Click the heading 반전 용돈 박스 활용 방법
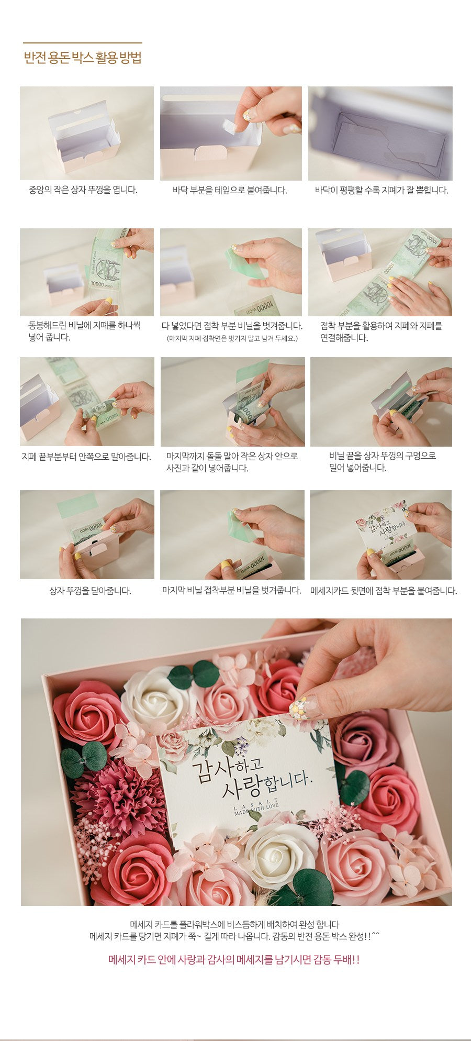click(83, 58)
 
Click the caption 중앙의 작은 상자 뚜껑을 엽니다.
click(83, 190)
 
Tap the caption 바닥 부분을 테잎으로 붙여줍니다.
click(230, 190)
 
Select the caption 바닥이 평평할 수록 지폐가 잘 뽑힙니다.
click(382, 190)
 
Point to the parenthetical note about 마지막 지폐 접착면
click(232, 338)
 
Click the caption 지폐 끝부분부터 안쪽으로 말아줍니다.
click(86, 457)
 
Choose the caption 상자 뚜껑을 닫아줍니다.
click(90, 591)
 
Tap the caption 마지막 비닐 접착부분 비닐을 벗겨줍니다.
click(232, 590)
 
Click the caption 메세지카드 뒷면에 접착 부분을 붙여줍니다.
click(384, 591)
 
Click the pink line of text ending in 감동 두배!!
click(234, 959)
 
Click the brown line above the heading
click(83, 43)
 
